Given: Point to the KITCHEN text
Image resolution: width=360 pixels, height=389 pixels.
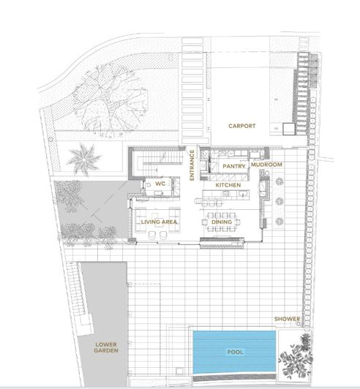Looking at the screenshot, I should [228, 186].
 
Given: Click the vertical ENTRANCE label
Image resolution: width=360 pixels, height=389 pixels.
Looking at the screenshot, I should [192, 166].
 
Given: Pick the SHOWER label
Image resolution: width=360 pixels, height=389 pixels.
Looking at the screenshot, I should [287, 319].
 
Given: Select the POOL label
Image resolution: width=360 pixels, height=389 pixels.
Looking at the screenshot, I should [234, 352].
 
